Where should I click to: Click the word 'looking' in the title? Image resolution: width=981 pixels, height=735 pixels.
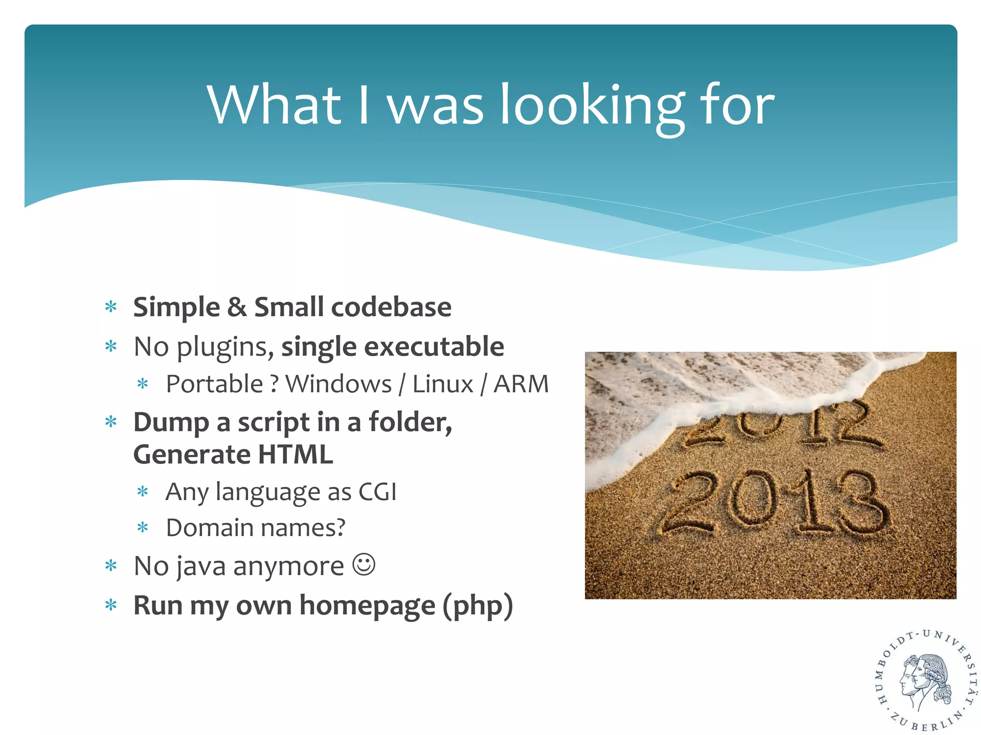592,106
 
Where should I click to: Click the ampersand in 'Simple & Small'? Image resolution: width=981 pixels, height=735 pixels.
237,307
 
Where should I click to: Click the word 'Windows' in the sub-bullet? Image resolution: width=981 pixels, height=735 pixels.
338,384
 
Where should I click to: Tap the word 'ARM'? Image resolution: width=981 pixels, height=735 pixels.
521,384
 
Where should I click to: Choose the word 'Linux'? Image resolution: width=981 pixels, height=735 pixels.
443,384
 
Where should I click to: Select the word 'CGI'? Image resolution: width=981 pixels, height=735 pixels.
377,492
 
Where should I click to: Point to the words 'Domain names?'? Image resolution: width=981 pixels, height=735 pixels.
255,528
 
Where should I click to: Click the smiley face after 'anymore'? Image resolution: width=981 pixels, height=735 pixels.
364,565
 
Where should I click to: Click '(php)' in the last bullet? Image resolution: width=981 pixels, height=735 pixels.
478,606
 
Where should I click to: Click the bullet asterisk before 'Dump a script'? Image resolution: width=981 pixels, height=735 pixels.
111,422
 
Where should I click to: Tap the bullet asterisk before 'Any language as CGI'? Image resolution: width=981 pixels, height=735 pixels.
143,491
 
